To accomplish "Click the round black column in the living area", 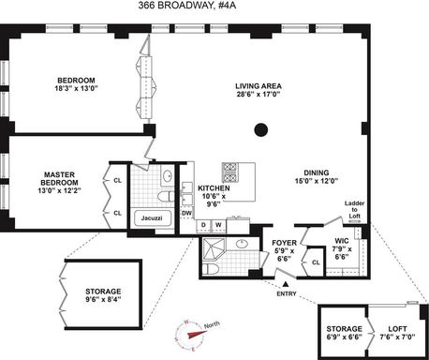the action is point(261,130).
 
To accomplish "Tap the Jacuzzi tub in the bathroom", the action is point(153,218).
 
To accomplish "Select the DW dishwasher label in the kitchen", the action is point(186,214).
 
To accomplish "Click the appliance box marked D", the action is point(203,226).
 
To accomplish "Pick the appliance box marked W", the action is point(218,226).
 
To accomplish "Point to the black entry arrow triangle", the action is point(286,284).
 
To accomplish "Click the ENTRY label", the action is point(287,293).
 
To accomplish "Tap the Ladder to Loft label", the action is point(354,209).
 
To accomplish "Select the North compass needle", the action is point(198,334).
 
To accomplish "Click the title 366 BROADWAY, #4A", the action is point(186,6).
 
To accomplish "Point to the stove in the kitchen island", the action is point(230,172).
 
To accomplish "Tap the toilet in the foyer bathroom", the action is point(211,269).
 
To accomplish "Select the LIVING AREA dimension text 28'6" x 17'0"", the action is point(259,94).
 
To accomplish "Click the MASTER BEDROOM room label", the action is point(59,178).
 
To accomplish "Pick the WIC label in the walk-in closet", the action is point(342,241).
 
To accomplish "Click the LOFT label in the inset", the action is point(397,329).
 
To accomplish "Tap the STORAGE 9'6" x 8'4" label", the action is point(103,295).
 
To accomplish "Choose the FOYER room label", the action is point(284,243).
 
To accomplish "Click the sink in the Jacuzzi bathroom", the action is point(168,176).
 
